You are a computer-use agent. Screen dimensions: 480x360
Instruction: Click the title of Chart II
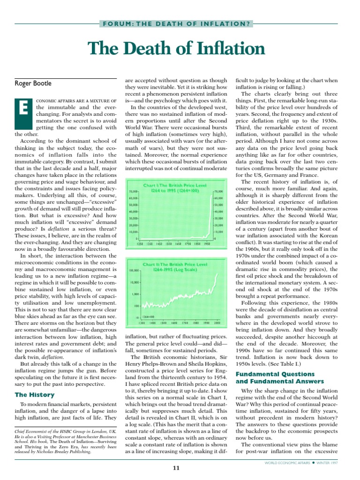coord(177,267)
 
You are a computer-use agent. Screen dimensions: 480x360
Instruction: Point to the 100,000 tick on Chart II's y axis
coord(135,271)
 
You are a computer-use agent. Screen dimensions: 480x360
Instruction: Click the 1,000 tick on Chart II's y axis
coord(136,294)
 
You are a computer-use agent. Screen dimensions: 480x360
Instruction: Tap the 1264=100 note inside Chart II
coord(150,317)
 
